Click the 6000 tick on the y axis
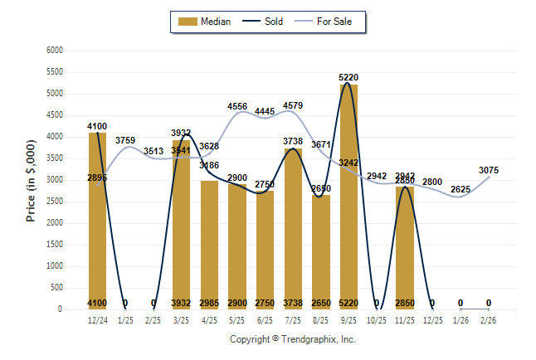click(x=55, y=51)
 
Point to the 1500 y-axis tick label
click(x=55, y=245)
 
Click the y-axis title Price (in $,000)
click(x=31, y=180)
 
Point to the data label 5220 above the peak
click(x=348, y=77)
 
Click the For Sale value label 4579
click(x=293, y=105)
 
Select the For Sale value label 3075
click(x=489, y=170)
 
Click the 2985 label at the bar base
click(x=209, y=303)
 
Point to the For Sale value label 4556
click(x=237, y=106)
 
